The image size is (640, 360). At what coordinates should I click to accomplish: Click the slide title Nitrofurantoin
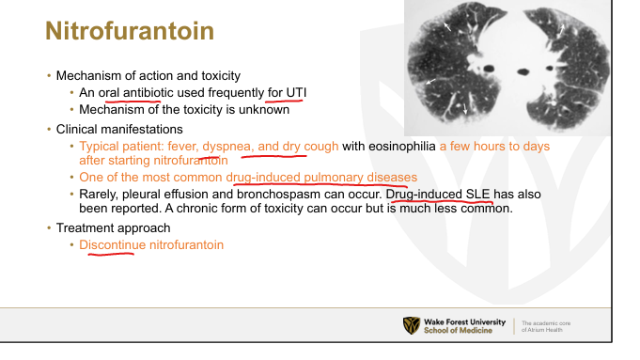click(130, 31)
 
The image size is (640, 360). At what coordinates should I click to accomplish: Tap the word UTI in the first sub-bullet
click(296, 93)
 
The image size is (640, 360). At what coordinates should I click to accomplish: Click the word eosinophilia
click(402, 146)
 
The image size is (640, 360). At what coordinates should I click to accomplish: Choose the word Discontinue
click(112, 245)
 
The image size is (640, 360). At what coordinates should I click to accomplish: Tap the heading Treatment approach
click(113, 227)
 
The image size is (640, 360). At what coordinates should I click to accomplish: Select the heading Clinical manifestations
click(119, 129)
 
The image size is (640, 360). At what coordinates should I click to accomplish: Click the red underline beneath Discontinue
click(111, 255)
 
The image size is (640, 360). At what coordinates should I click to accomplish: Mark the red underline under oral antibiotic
click(133, 100)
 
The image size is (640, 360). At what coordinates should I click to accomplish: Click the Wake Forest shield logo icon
click(412, 326)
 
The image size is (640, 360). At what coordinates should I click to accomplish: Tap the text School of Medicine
click(458, 330)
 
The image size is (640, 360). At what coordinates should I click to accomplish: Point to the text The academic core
click(546, 322)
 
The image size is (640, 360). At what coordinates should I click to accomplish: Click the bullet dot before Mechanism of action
click(49, 75)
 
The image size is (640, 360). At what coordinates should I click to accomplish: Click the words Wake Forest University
click(464, 322)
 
